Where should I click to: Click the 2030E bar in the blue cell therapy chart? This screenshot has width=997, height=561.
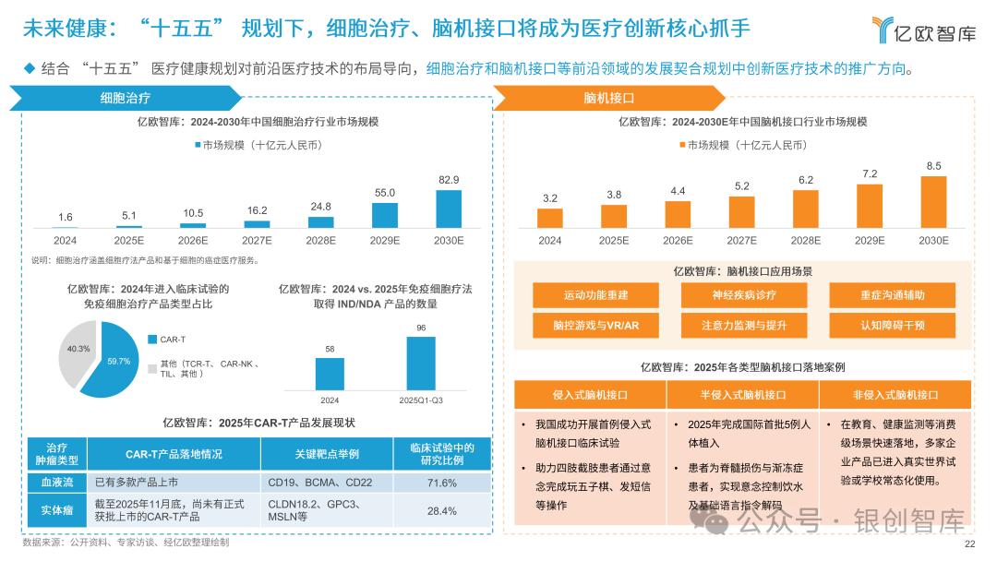pyautogui.click(x=449, y=209)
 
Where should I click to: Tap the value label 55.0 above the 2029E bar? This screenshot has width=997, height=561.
pyautogui.click(x=385, y=192)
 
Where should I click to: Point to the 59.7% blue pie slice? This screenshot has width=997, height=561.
pyautogui.click(x=104, y=369)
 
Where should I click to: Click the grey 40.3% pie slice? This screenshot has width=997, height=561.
pyautogui.click(x=76, y=350)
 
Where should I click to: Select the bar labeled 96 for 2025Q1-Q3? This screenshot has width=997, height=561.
pyautogui.click(x=421, y=363)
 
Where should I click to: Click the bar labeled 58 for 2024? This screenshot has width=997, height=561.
pyautogui.click(x=330, y=373)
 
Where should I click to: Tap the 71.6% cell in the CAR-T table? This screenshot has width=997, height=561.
pyautogui.click(x=441, y=483)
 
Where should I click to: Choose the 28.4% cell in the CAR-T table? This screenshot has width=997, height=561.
pyautogui.click(x=441, y=510)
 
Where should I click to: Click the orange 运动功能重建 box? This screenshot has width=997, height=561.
pyautogui.click(x=595, y=295)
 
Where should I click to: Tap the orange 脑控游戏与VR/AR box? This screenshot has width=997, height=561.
pyautogui.click(x=595, y=325)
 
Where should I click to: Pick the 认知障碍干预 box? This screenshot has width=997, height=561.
pyautogui.click(x=892, y=325)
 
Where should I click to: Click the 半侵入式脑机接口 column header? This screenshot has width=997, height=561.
pyautogui.click(x=742, y=395)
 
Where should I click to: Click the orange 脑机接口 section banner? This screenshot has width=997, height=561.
pyautogui.click(x=608, y=97)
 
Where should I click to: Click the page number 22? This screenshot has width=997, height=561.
pyautogui.click(x=968, y=543)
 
